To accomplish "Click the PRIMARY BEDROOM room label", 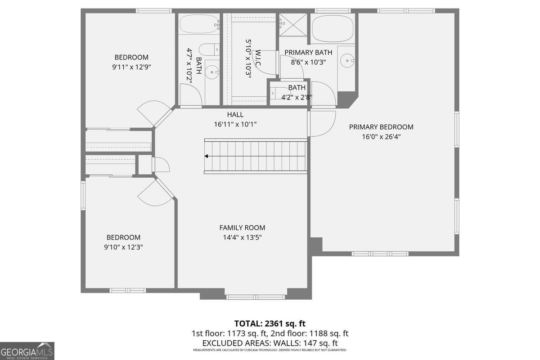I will click(381, 127).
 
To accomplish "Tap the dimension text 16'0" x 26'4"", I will click(381, 136).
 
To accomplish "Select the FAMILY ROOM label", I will click(242, 228).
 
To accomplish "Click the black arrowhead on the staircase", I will click(206, 156).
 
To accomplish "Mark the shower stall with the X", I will click(293, 25).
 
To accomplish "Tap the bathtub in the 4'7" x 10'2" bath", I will click(198, 24).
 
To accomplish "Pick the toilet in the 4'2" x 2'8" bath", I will click(275, 93).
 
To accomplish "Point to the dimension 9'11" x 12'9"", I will click(131, 67).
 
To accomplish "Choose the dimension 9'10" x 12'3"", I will click(123, 247).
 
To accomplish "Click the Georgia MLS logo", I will click(27, 351).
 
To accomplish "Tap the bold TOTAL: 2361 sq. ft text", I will click(270, 324).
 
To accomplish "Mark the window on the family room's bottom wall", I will click(255, 297).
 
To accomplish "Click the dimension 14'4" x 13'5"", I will click(242, 238).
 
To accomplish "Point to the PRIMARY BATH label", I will click(308, 53).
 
